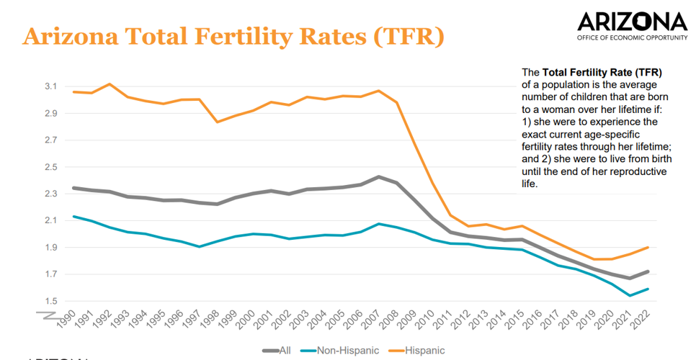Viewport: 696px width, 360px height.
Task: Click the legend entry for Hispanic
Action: tap(423, 351)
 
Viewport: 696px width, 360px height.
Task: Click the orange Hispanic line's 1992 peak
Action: tap(109, 84)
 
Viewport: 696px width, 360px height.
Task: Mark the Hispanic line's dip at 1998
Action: tap(216, 122)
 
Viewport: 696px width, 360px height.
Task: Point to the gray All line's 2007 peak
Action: tap(377, 176)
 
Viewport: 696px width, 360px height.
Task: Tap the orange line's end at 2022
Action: tap(648, 248)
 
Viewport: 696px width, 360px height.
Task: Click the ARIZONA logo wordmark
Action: tap(632, 21)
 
